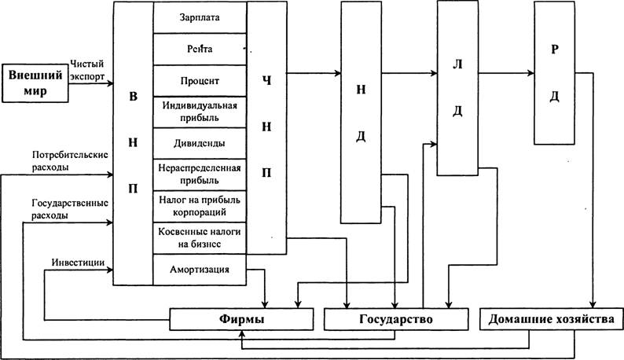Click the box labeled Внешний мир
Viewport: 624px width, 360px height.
pos(35,83)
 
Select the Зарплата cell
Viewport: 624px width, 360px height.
pos(200,17)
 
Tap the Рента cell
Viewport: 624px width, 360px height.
pos(200,50)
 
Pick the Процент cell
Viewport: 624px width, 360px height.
pos(200,81)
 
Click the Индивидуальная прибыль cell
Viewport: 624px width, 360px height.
pos(200,112)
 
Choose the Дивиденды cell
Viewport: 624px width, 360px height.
pos(200,143)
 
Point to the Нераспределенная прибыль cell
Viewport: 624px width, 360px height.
pos(200,174)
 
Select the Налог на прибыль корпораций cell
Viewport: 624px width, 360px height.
pos(200,206)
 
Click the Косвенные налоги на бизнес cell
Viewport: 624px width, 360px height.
pos(200,238)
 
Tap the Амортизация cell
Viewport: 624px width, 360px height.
pos(200,270)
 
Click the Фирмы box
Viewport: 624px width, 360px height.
pos(241,319)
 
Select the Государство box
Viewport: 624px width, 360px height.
pos(396,319)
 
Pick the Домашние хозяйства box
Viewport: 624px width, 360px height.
pos(551,319)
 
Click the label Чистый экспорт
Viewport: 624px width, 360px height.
pos(87,70)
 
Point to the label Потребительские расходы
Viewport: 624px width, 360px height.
pos(70,160)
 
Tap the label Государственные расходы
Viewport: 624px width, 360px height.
pos(70,209)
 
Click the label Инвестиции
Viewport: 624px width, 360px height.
pos(78,263)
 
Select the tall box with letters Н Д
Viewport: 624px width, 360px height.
pos(361,112)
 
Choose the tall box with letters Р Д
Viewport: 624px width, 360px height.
pos(554,73)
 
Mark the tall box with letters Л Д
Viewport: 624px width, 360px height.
pos(457,88)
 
